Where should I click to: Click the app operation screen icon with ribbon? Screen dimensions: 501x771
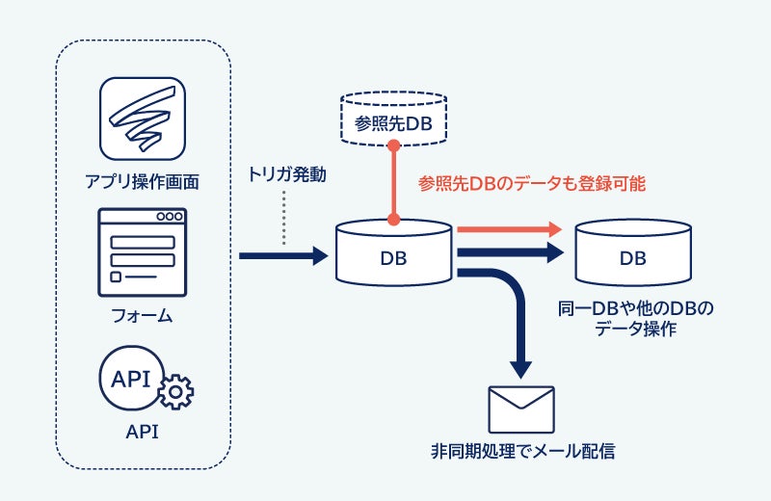[x=142, y=119]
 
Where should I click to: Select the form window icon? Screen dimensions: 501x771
[x=142, y=250]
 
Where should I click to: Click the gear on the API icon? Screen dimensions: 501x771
[x=175, y=392]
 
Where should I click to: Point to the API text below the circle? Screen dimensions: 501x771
[x=142, y=432]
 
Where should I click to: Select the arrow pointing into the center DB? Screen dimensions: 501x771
[x=283, y=256]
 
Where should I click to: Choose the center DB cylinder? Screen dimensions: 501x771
[x=394, y=252]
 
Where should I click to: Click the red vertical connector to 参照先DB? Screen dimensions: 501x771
[x=394, y=183]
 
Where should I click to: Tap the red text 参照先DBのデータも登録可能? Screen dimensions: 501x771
[x=531, y=182]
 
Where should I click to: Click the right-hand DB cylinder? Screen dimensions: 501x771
[x=633, y=252]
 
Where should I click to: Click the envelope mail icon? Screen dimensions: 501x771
[x=521, y=409]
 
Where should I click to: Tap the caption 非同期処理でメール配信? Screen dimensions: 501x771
[x=521, y=451]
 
